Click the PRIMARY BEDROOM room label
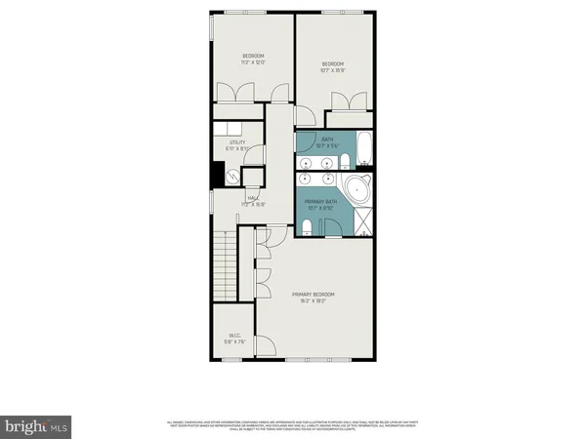point(314,294)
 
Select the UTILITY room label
point(237,142)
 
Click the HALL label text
point(252,198)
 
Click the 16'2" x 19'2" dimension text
point(314,300)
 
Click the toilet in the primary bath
point(307,227)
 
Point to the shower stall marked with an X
point(362,224)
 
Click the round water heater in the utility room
point(232,177)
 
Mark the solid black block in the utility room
point(216,176)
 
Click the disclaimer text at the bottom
point(293,426)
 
